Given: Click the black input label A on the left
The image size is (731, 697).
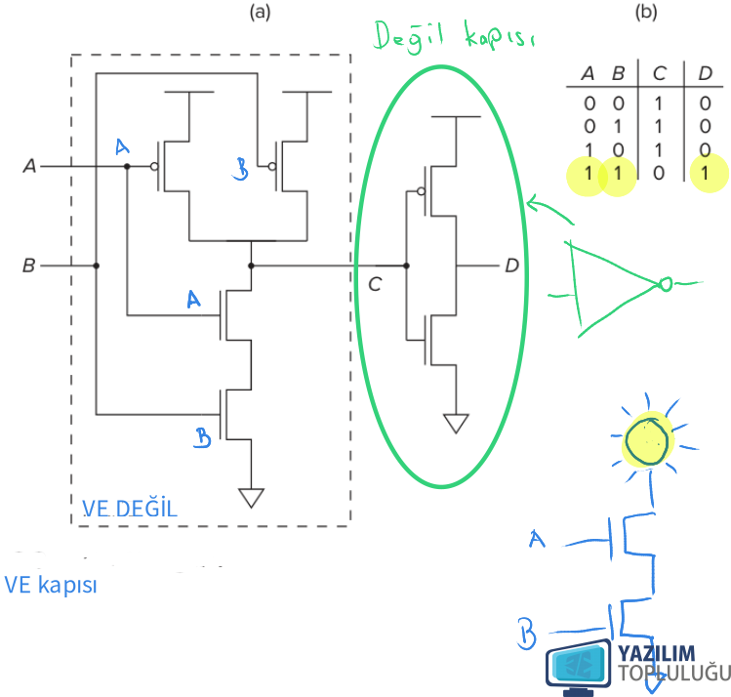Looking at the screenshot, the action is click(x=29, y=166).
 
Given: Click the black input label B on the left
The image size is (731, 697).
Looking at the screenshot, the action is click(x=29, y=266).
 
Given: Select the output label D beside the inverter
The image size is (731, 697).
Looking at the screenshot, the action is click(x=511, y=266).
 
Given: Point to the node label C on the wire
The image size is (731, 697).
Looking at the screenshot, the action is click(x=375, y=284).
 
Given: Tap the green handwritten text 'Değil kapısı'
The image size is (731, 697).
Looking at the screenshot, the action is click(x=454, y=36).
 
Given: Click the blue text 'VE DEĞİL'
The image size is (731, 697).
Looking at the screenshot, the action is click(x=130, y=509).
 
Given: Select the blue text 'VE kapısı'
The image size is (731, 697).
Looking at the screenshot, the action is click(x=51, y=585).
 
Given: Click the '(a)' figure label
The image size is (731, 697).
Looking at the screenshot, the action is click(x=260, y=12).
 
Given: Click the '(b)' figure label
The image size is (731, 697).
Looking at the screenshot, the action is click(x=646, y=12).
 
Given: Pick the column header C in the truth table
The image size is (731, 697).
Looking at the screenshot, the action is click(x=659, y=73).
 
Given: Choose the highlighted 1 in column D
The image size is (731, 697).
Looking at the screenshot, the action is click(x=705, y=173).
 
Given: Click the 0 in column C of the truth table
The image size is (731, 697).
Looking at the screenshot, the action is click(x=658, y=173).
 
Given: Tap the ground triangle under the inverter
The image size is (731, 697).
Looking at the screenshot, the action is click(x=456, y=424).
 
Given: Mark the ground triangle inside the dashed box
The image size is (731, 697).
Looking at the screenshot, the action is click(x=251, y=498).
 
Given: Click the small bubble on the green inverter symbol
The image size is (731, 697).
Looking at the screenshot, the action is click(x=666, y=284).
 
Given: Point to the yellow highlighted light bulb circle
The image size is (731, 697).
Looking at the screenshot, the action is click(x=647, y=439).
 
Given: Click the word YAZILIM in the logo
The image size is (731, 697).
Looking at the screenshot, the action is click(x=657, y=654).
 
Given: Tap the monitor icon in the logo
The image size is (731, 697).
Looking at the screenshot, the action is click(x=579, y=667).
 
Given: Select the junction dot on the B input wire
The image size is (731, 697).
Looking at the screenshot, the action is click(x=96, y=266).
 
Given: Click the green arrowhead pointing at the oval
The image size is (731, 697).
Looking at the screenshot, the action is click(x=534, y=203).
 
